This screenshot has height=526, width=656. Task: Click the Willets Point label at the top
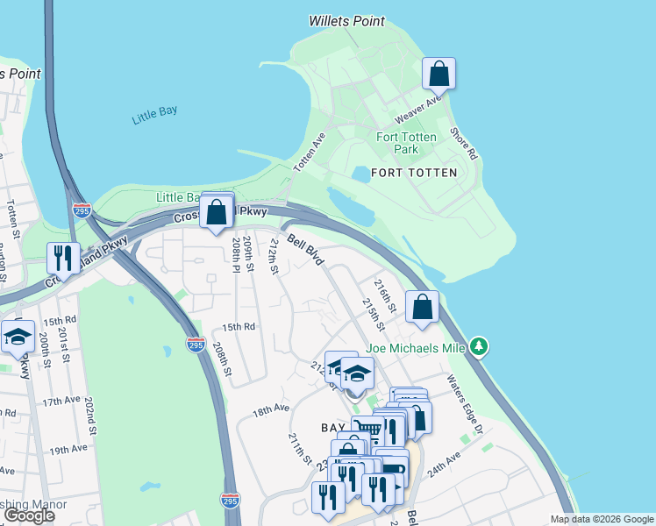point(346,20)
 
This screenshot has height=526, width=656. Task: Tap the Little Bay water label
point(154,115)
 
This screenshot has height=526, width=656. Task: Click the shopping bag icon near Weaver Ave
point(439,75)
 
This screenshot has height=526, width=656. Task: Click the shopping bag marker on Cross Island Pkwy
point(216,212)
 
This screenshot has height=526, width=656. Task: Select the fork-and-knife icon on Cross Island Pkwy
point(62,257)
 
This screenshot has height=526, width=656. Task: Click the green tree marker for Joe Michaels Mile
point(478,346)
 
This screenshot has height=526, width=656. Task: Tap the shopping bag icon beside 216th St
point(422,307)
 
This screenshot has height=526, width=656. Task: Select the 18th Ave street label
point(271,409)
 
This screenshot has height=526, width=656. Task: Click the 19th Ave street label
point(68,449)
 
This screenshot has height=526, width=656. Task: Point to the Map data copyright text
point(601,519)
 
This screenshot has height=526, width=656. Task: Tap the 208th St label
point(221,359)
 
